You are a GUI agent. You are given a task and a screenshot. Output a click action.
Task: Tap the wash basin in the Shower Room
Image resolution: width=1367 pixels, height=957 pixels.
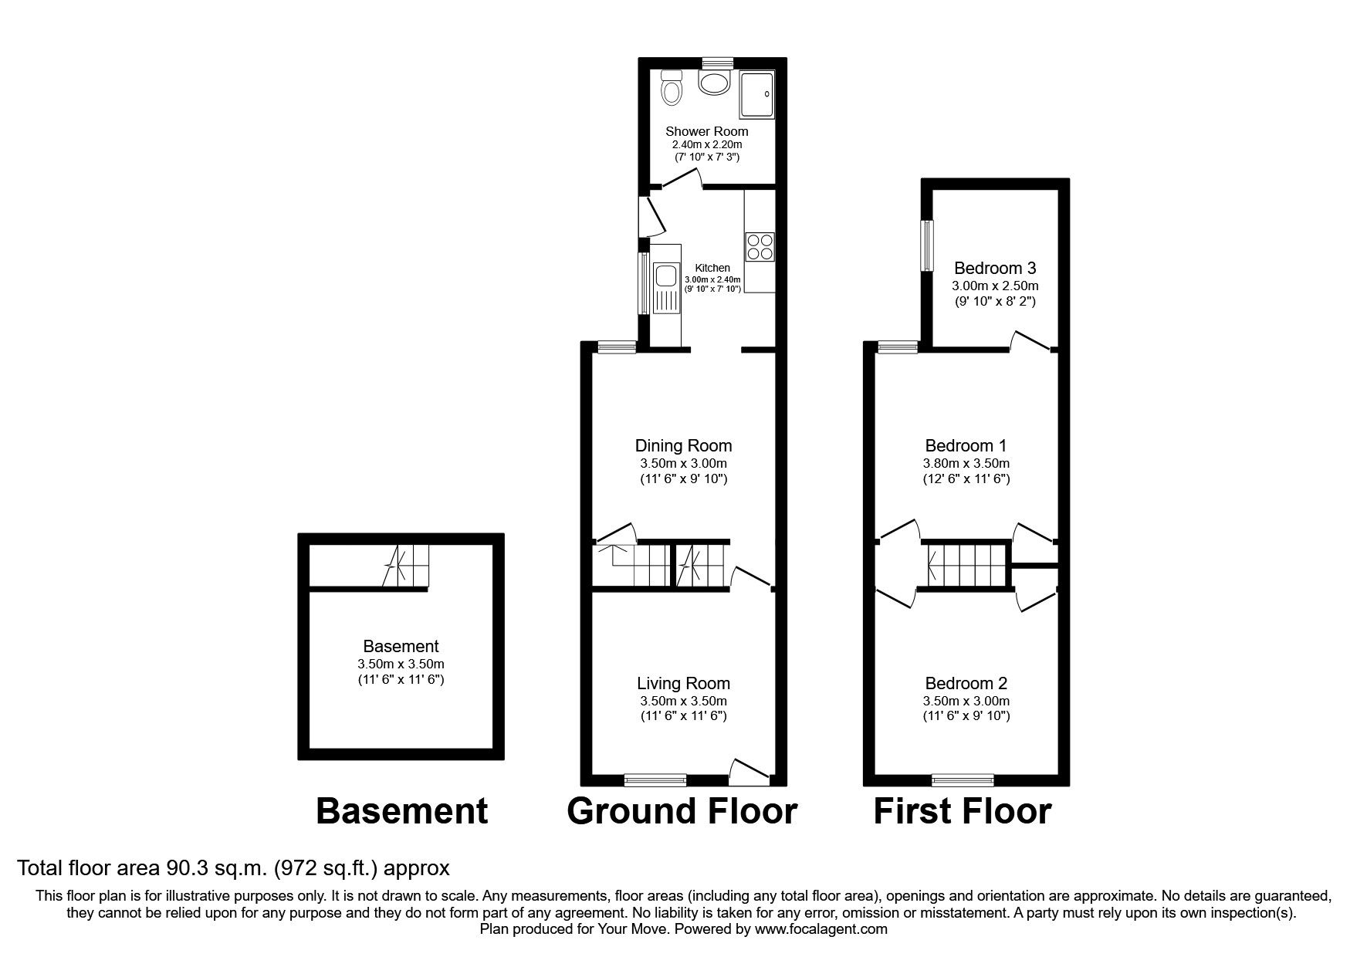[714, 83]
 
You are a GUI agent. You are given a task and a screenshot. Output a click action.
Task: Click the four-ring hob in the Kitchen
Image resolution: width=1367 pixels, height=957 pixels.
[760, 246]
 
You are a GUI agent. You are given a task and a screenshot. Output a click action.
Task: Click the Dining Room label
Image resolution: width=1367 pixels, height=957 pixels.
[683, 445]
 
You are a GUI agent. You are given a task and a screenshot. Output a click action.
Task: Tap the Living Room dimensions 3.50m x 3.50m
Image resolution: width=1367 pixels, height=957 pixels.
[683, 701]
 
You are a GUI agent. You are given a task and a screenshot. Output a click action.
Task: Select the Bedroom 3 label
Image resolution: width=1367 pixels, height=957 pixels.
[994, 269]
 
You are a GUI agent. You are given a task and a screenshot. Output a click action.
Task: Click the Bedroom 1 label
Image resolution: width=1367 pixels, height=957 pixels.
[966, 445]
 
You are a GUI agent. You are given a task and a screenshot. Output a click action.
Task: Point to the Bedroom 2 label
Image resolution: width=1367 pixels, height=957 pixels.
[966, 683]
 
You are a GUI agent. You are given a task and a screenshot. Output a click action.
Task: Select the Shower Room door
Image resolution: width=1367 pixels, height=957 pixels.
[681, 179]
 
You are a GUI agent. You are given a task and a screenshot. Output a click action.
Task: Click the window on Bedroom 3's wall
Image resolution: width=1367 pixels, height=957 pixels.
[927, 245]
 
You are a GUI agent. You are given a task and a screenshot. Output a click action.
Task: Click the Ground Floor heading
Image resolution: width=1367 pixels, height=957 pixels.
[682, 812]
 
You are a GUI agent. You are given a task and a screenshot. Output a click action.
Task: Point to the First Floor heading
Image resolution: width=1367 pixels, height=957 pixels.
[962, 812]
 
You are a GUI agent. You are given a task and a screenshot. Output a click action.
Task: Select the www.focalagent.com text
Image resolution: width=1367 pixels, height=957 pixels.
[821, 929]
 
